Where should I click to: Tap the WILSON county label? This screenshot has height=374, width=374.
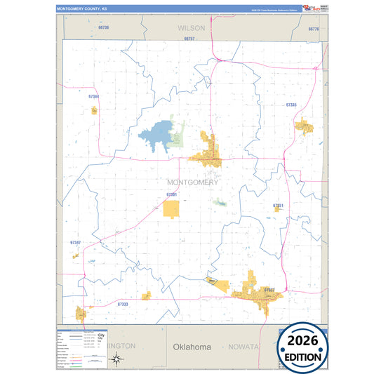click(x=191, y=28)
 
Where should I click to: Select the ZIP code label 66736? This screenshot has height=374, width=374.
click(x=104, y=27)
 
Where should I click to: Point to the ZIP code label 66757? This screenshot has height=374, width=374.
click(x=189, y=39)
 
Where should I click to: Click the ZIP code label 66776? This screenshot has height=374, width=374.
click(x=313, y=29)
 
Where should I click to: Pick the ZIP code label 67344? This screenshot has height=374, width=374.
click(x=94, y=96)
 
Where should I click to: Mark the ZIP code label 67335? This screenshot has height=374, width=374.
click(x=291, y=104)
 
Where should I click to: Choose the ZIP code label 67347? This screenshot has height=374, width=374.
click(x=76, y=242)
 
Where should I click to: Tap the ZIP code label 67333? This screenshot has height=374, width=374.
click(x=123, y=304)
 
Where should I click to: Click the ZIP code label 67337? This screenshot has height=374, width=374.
click(x=269, y=289)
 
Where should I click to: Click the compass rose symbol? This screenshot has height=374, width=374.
click(x=119, y=360)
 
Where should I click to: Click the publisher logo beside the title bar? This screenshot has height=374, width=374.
click(x=311, y=8)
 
